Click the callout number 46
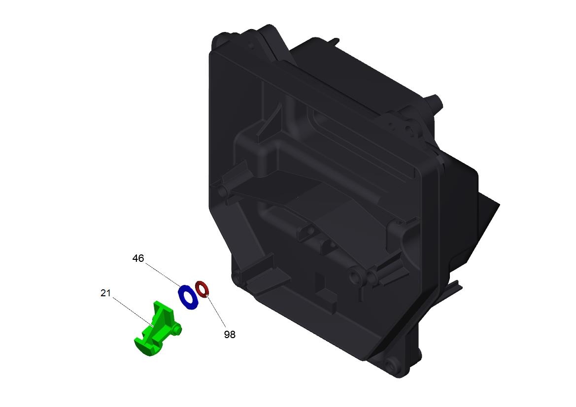pyautogui.click(x=138, y=258)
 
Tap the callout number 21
pyautogui.click(x=105, y=293)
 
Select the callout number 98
pyautogui.click(x=230, y=334)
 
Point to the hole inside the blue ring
pyautogui.click(x=188, y=297)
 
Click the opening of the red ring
pyautogui.click(x=202, y=288)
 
